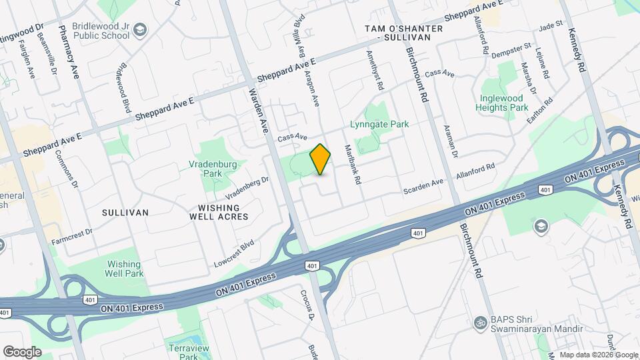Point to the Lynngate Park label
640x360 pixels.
coord(379,124)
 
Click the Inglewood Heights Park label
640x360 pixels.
coord(504,103)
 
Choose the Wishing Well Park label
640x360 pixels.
coord(124,269)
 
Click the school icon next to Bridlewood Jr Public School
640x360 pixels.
coord(140,30)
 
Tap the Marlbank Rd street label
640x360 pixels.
coord(351,165)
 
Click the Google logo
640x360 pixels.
coord(22,351)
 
